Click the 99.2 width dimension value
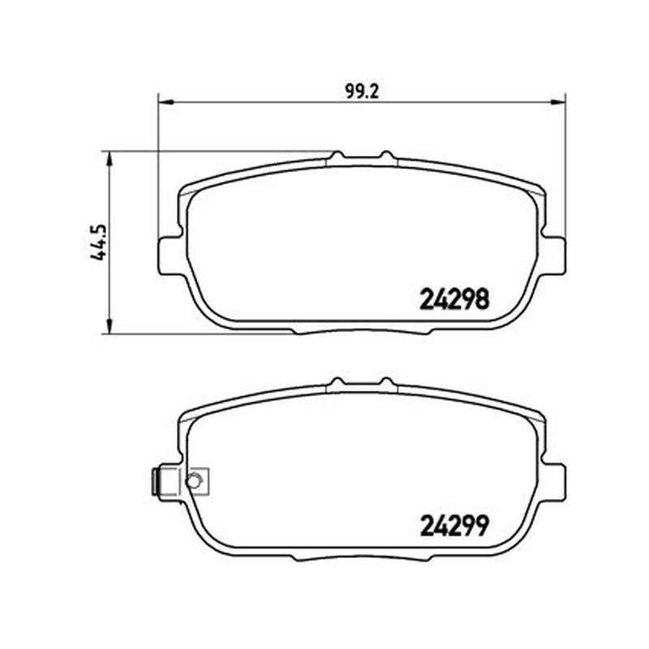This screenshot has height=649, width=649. pyautogui.click(x=362, y=92)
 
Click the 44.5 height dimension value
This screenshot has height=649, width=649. pyautogui.click(x=98, y=243)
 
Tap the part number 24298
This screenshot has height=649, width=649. pyautogui.click(x=454, y=299)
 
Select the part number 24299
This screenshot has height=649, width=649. pyautogui.click(x=454, y=526)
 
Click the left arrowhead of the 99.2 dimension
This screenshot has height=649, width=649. pyautogui.click(x=165, y=102)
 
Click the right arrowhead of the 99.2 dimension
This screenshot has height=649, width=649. pyautogui.click(x=558, y=102)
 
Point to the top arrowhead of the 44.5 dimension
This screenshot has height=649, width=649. pyautogui.click(x=110, y=158)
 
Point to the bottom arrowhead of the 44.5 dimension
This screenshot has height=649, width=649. pyautogui.click(x=110, y=326)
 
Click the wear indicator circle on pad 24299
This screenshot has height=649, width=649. pyautogui.click(x=193, y=481)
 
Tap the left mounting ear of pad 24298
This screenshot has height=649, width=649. pyautogui.click(x=170, y=255)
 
